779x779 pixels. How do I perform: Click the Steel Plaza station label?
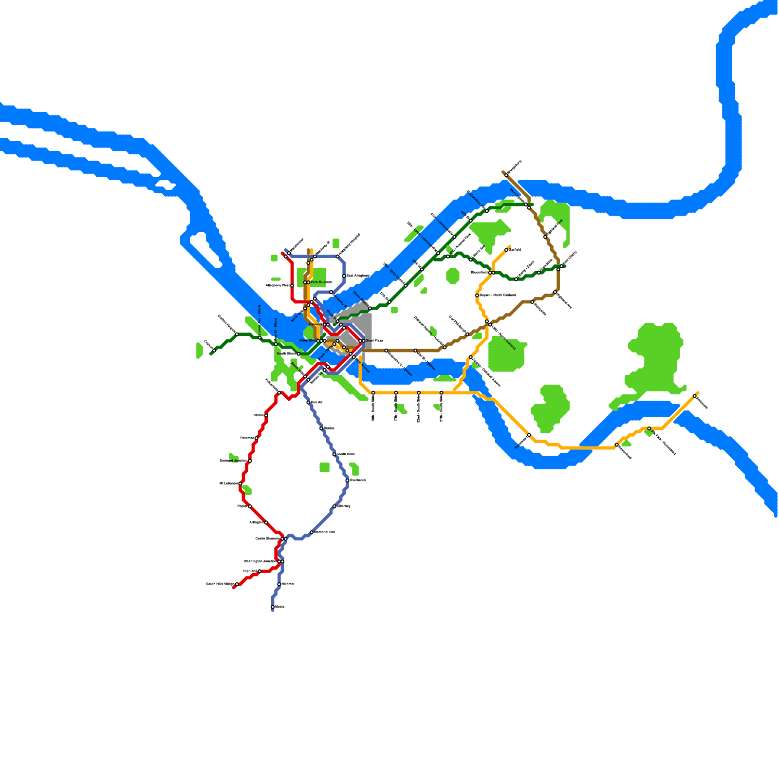pyautogui.click(x=374, y=341)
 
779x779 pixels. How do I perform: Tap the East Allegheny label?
pyautogui.click(x=358, y=276)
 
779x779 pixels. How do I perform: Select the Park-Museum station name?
pyautogui.click(x=321, y=282)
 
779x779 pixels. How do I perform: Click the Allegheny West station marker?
pyautogui.click(x=292, y=286)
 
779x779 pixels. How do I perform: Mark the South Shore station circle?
pyautogui.click(x=298, y=354)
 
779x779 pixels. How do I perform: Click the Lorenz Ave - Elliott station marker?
pyautogui.click(x=260, y=337)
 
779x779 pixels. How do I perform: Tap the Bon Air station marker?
pyautogui.click(x=308, y=403)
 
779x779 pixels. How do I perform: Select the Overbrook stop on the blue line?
pyautogui.click(x=347, y=481)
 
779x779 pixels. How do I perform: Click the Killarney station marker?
pyautogui.click(x=334, y=506)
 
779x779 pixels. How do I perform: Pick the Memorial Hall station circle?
pyautogui.click(x=312, y=532)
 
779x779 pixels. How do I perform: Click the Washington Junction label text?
pyautogui.click(x=260, y=561)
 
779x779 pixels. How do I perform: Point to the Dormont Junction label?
pyautogui.click(x=233, y=461)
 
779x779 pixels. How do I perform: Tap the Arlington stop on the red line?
pyautogui.click(x=266, y=522)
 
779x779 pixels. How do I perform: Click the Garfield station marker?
pyautogui.click(x=506, y=250)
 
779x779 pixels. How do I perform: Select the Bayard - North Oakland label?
pyautogui.click(x=498, y=296)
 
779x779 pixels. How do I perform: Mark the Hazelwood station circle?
pyautogui.click(x=529, y=435)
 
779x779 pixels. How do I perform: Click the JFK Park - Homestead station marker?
pyautogui.click(x=649, y=428)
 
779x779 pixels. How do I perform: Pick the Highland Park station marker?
pyautogui.click(x=545, y=237)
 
